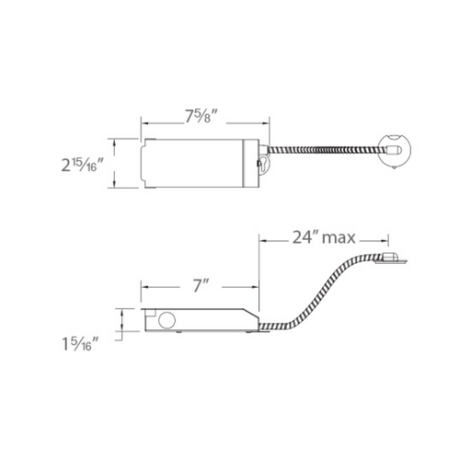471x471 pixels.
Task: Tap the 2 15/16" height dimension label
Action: click(79, 165)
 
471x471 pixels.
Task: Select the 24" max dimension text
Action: click(324, 237)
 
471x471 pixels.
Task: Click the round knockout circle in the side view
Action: click(167, 320)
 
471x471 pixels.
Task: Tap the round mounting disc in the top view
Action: click(395, 150)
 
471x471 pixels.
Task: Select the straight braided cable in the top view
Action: click(327, 150)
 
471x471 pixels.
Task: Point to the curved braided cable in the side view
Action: click(320, 293)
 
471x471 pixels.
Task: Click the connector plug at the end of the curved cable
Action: click(390, 258)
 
